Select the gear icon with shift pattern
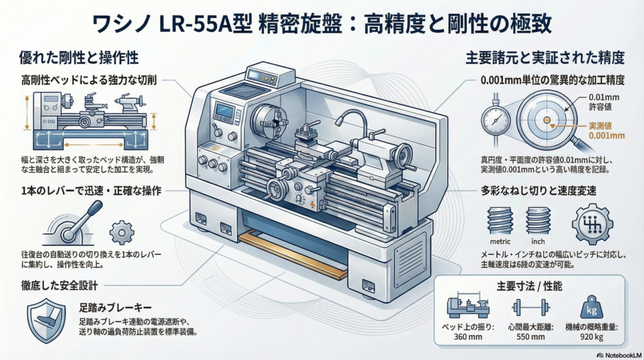pos(591,223)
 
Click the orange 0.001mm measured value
pos(608,135)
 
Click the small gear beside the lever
pos(121,232)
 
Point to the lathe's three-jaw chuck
pos(267,121)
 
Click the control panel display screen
pos(225,113)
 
